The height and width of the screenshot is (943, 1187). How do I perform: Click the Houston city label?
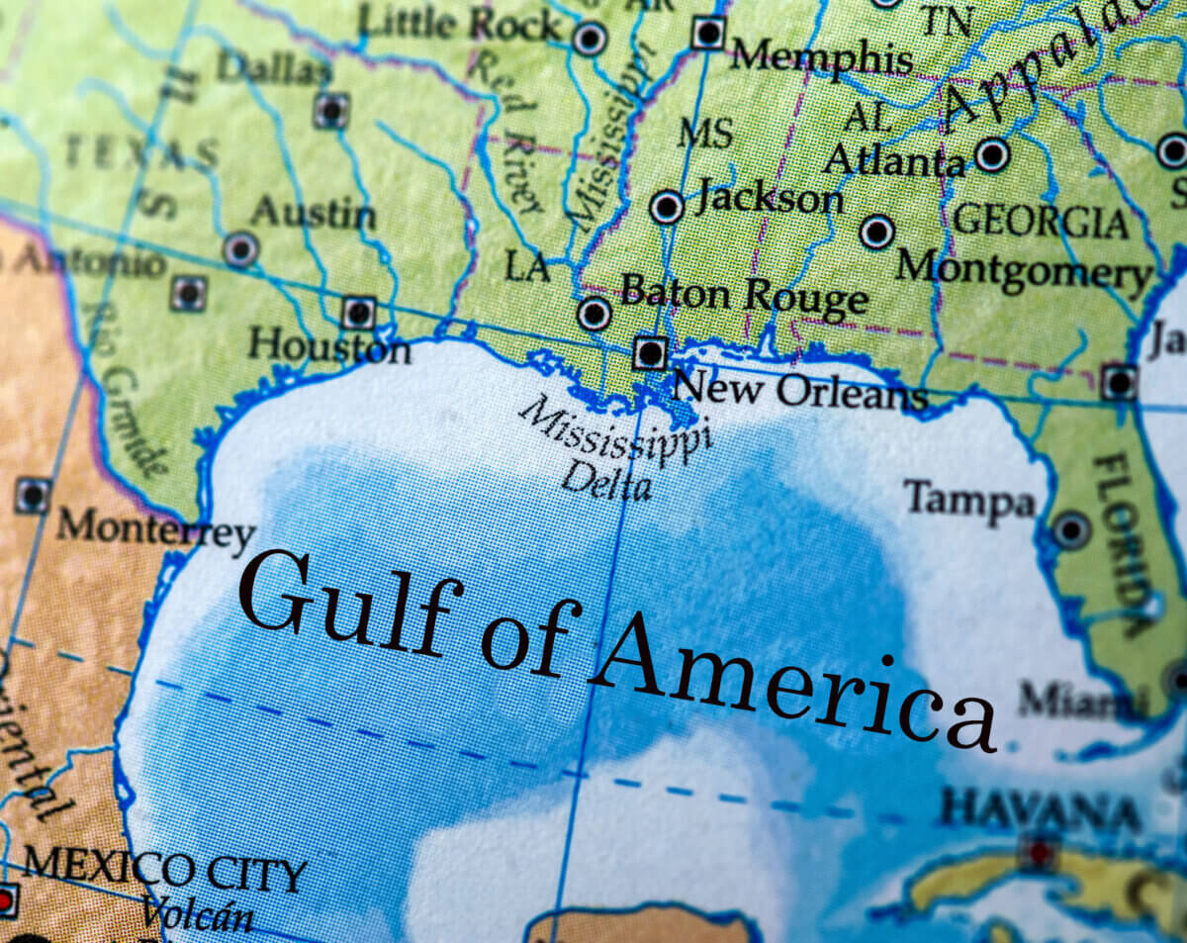click(328, 346)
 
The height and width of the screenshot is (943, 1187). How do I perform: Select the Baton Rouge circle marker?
click(593, 314)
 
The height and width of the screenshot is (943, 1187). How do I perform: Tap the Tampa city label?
click(968, 500)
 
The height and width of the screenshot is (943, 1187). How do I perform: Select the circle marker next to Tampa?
click(1071, 529)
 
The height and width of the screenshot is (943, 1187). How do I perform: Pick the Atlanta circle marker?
click(992, 154)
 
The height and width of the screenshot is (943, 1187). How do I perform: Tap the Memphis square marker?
click(708, 33)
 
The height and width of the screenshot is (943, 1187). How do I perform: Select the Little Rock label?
click(459, 23)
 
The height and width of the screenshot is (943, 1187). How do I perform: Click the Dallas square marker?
click(331, 110)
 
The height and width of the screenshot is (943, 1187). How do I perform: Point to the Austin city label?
click(313, 213)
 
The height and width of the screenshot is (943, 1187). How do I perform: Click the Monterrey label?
click(155, 529)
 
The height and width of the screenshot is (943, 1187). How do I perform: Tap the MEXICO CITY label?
click(164, 872)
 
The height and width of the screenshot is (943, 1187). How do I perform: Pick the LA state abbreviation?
click(526, 266)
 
